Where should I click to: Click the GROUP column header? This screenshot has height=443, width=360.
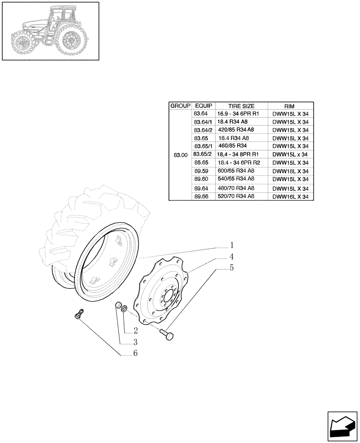[180, 106]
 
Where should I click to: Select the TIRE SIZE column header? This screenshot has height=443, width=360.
[241, 106]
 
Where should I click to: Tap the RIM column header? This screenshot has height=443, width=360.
[290, 106]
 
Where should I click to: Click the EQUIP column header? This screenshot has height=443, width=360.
[203, 106]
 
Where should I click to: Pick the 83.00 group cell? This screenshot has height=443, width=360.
[180, 155]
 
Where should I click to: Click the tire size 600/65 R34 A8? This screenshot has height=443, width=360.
[236, 171]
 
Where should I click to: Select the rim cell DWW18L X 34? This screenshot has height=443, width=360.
[290, 171]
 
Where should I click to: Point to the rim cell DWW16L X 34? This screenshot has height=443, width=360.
[290, 196]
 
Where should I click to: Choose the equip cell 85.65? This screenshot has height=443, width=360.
[201, 163]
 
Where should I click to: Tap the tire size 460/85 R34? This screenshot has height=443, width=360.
[233, 146]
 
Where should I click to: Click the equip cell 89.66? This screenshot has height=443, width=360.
[201, 196]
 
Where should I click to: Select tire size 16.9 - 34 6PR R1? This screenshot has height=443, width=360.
[238, 113]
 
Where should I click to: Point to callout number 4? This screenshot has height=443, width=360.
[232, 256]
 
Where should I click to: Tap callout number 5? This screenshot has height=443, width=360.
[232, 268]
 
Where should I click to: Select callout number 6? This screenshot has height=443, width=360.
[135, 353]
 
